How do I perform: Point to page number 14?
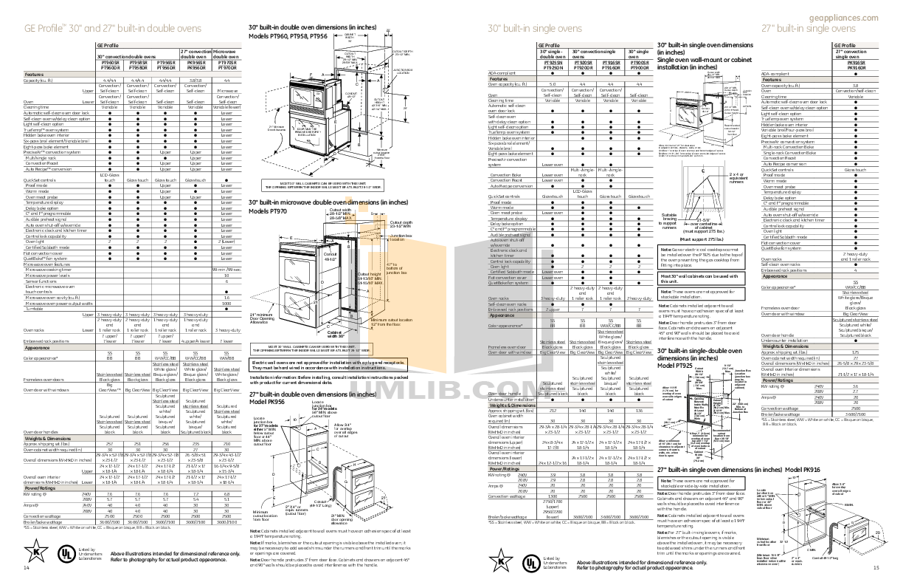pos(26,567)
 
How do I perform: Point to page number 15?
pos(876,567)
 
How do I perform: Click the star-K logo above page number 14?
pos(35,550)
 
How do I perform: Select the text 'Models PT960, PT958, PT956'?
pos(288,35)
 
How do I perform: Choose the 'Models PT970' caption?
pos(269,211)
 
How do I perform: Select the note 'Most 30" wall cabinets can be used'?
pos(697,278)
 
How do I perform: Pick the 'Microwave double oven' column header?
pos(226,54)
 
